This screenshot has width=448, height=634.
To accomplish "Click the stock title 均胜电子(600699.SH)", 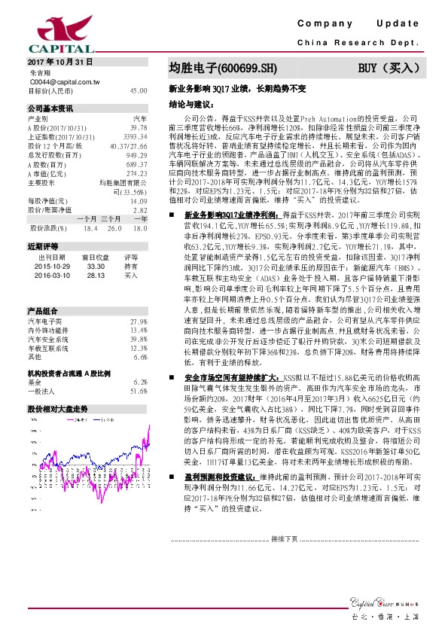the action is [222, 68].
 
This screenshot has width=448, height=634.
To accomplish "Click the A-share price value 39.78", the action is [139, 128].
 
